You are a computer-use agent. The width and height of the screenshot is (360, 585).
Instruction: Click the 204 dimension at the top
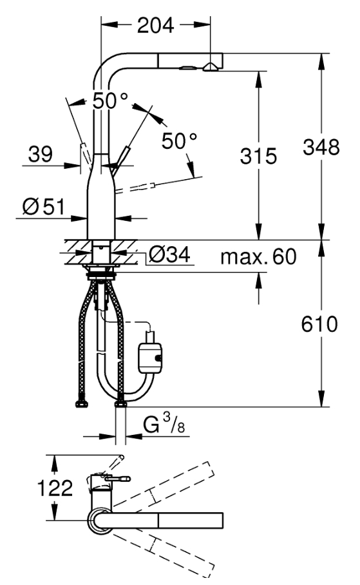pos(156,25)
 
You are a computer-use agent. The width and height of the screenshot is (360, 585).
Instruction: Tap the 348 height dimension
pos(321,147)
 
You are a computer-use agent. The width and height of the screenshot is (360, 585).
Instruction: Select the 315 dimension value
pos(258,156)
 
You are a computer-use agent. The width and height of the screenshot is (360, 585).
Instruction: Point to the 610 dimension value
pos(319,324)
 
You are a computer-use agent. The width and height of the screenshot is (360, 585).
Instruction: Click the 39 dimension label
pos(41,154)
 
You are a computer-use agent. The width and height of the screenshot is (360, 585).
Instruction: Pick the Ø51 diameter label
pos(43,207)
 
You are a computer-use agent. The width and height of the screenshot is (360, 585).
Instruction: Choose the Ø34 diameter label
pos(169,255)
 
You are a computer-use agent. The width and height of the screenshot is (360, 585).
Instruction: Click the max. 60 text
pos(258,256)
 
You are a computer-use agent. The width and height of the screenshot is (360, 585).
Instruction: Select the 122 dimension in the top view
pos(55,488)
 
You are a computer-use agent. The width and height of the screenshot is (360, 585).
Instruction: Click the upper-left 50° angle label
pos(110,101)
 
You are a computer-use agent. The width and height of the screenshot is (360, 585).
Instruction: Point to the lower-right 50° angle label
pos(179,141)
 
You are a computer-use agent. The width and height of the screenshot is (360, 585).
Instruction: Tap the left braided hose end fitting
pos(81,404)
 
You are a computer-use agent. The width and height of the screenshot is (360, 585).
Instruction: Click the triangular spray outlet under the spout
pos(211,67)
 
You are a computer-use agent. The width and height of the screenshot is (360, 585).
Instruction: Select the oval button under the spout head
pos(187,68)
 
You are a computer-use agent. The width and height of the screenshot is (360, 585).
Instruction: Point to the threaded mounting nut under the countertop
pos(100,276)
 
